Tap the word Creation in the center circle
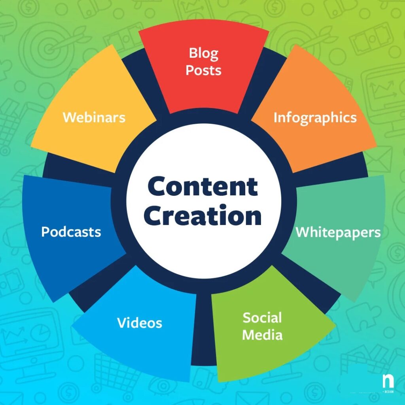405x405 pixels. point(202,216)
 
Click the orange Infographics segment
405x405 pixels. point(312,131)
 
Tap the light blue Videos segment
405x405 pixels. point(138,336)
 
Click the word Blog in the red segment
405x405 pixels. point(203,53)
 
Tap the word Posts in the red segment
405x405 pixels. point(203,70)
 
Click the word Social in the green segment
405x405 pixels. point(262,318)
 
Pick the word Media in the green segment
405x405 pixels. point(262,335)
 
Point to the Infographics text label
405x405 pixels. point(315,117)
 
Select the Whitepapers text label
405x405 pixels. point(338,232)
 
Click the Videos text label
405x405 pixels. point(139,323)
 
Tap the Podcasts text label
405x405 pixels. point(71,231)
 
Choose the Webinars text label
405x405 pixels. point(94,117)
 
